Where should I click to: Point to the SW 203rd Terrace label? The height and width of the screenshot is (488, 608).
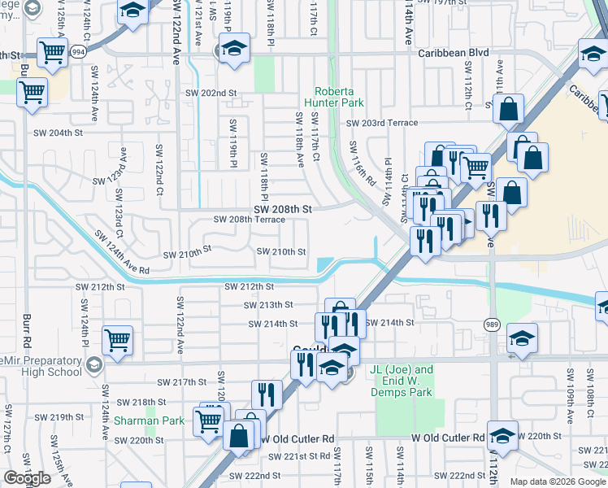[381, 123]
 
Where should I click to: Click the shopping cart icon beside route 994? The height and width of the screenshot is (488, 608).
[52, 54]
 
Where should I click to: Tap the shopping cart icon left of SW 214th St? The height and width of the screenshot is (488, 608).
[118, 339]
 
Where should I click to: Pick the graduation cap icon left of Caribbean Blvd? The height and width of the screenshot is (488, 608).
[234, 50]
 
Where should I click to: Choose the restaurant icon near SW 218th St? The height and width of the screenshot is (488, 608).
[267, 395]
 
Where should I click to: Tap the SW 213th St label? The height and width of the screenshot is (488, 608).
[268, 305]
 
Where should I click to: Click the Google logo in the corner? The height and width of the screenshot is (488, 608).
[27, 478]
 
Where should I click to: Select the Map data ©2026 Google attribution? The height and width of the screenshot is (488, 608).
[558, 481]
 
